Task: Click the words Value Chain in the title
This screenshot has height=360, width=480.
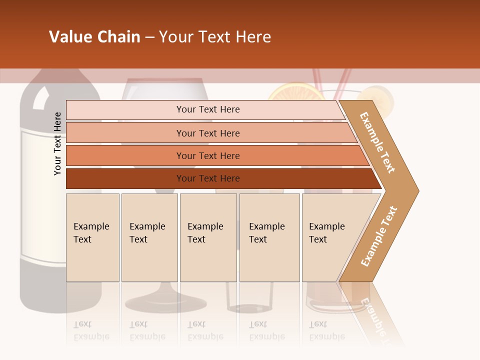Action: pyautogui.click(x=94, y=37)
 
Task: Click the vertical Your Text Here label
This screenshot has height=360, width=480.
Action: pyautogui.click(x=57, y=143)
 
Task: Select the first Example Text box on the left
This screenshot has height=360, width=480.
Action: pyautogui.click(x=92, y=237)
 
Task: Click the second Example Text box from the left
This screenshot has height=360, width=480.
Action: pyautogui.click(x=149, y=237)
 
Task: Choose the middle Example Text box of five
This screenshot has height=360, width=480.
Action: pyautogui.click(x=208, y=237)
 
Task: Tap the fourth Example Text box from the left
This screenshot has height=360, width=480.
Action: pyautogui.click(x=269, y=237)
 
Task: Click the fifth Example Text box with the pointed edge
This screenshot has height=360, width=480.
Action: pyautogui.click(x=330, y=237)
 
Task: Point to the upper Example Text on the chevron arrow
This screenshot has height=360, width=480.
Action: pyautogui.click(x=378, y=142)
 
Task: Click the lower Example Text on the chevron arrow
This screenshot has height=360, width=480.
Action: pyautogui.click(x=379, y=236)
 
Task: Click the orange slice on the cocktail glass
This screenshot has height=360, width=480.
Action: pyautogui.click(x=292, y=90)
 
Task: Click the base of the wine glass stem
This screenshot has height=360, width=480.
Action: pyautogui.click(x=165, y=303)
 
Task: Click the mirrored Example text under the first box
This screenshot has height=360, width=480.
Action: pyautogui.click(x=91, y=330)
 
